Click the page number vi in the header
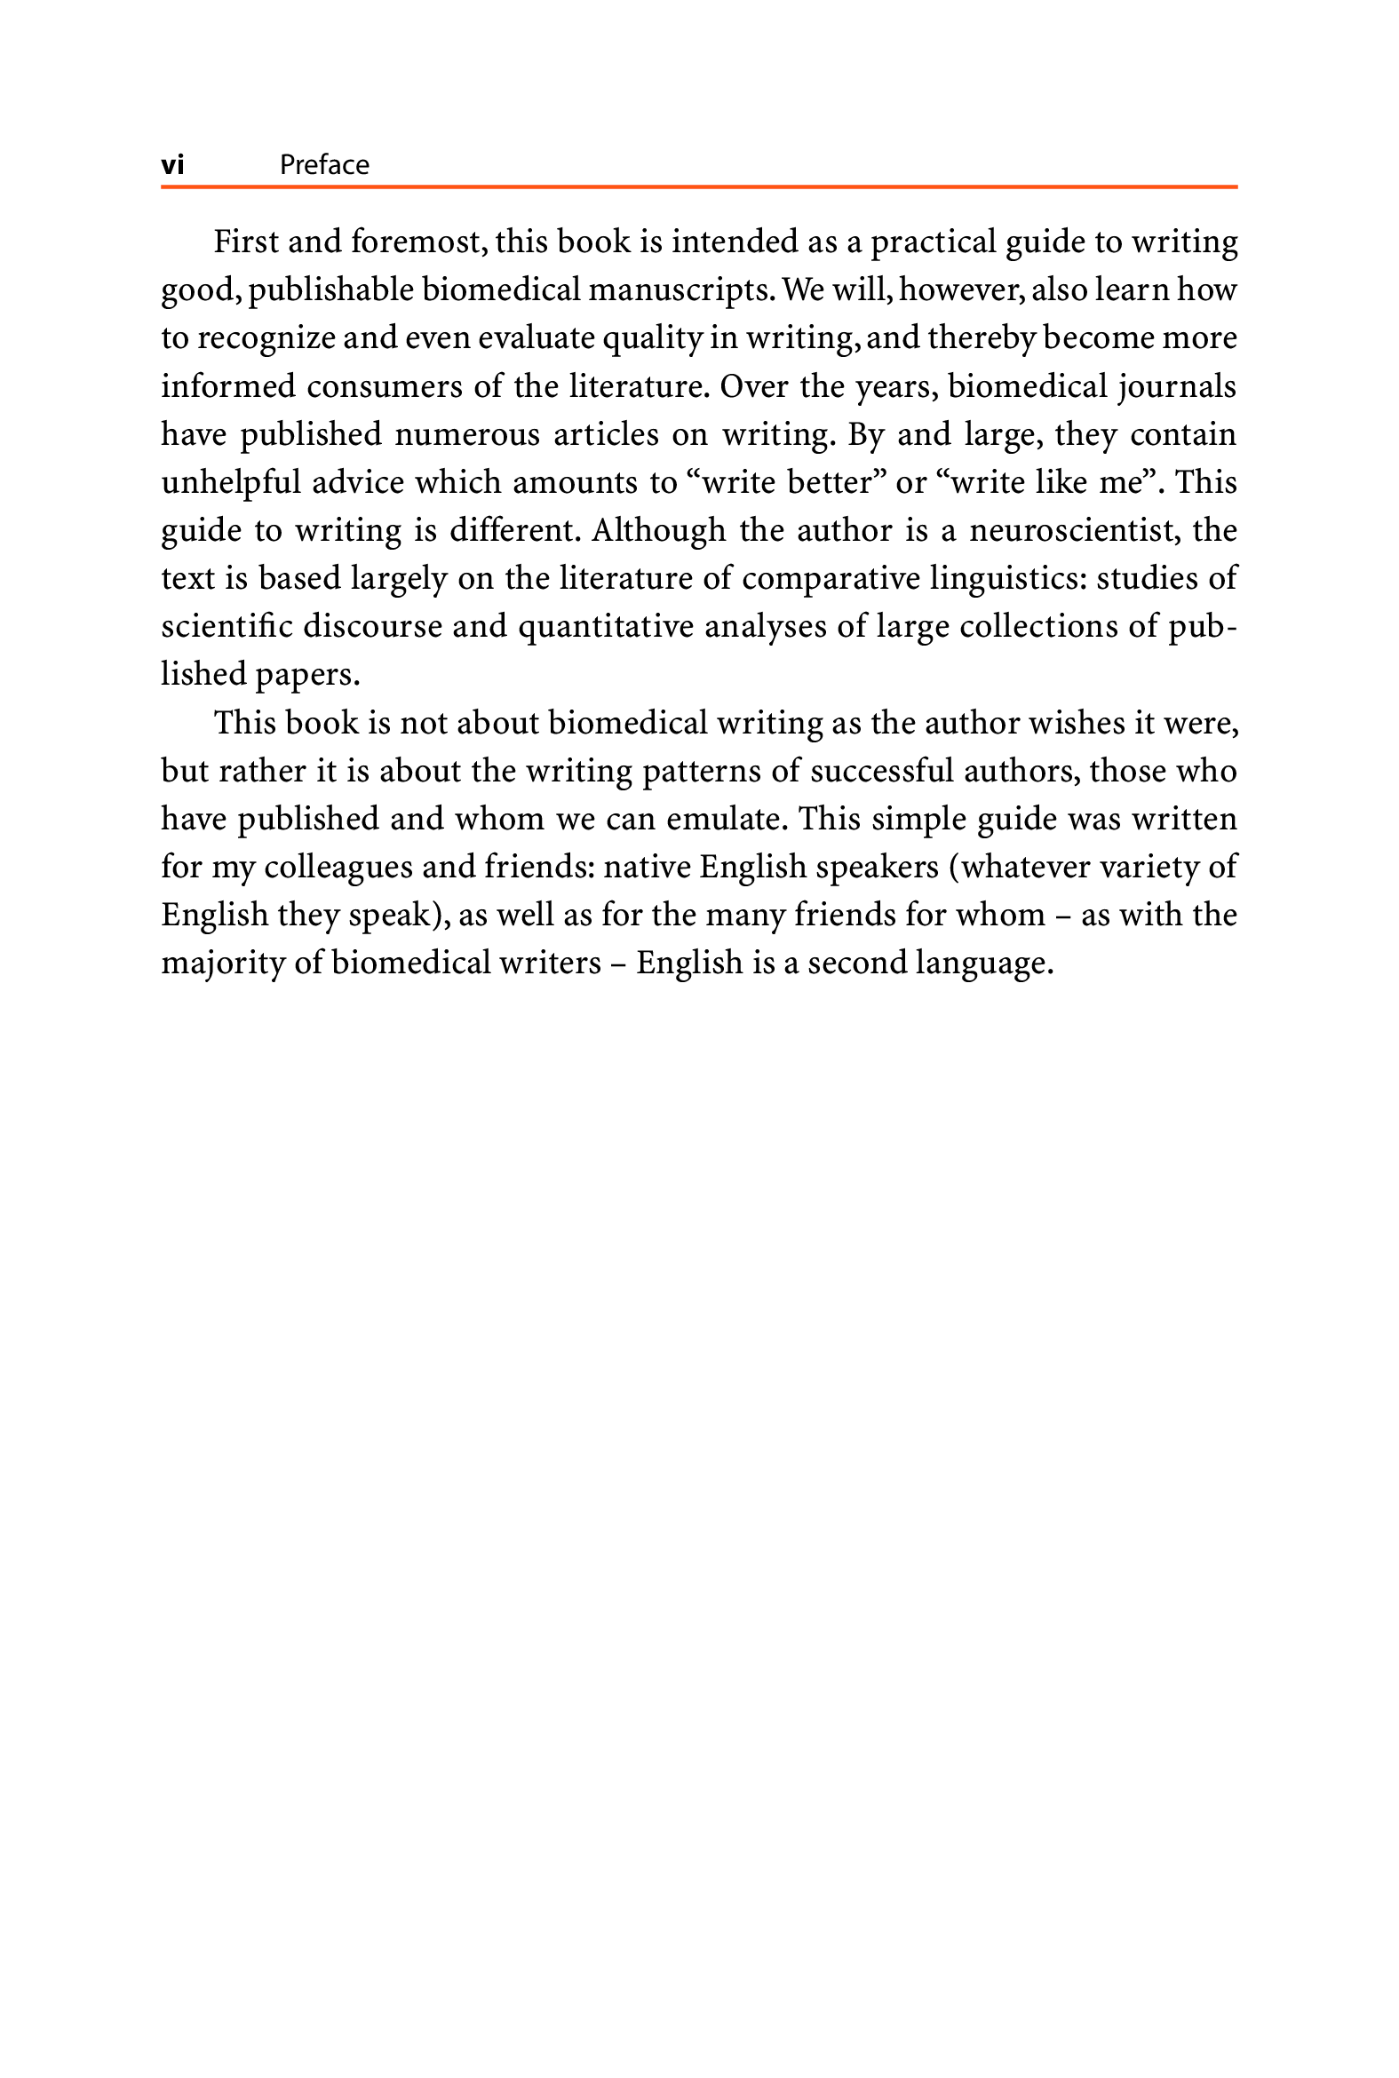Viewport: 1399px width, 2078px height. point(172,165)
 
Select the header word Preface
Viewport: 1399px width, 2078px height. point(324,165)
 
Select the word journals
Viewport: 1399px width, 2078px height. point(1180,386)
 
